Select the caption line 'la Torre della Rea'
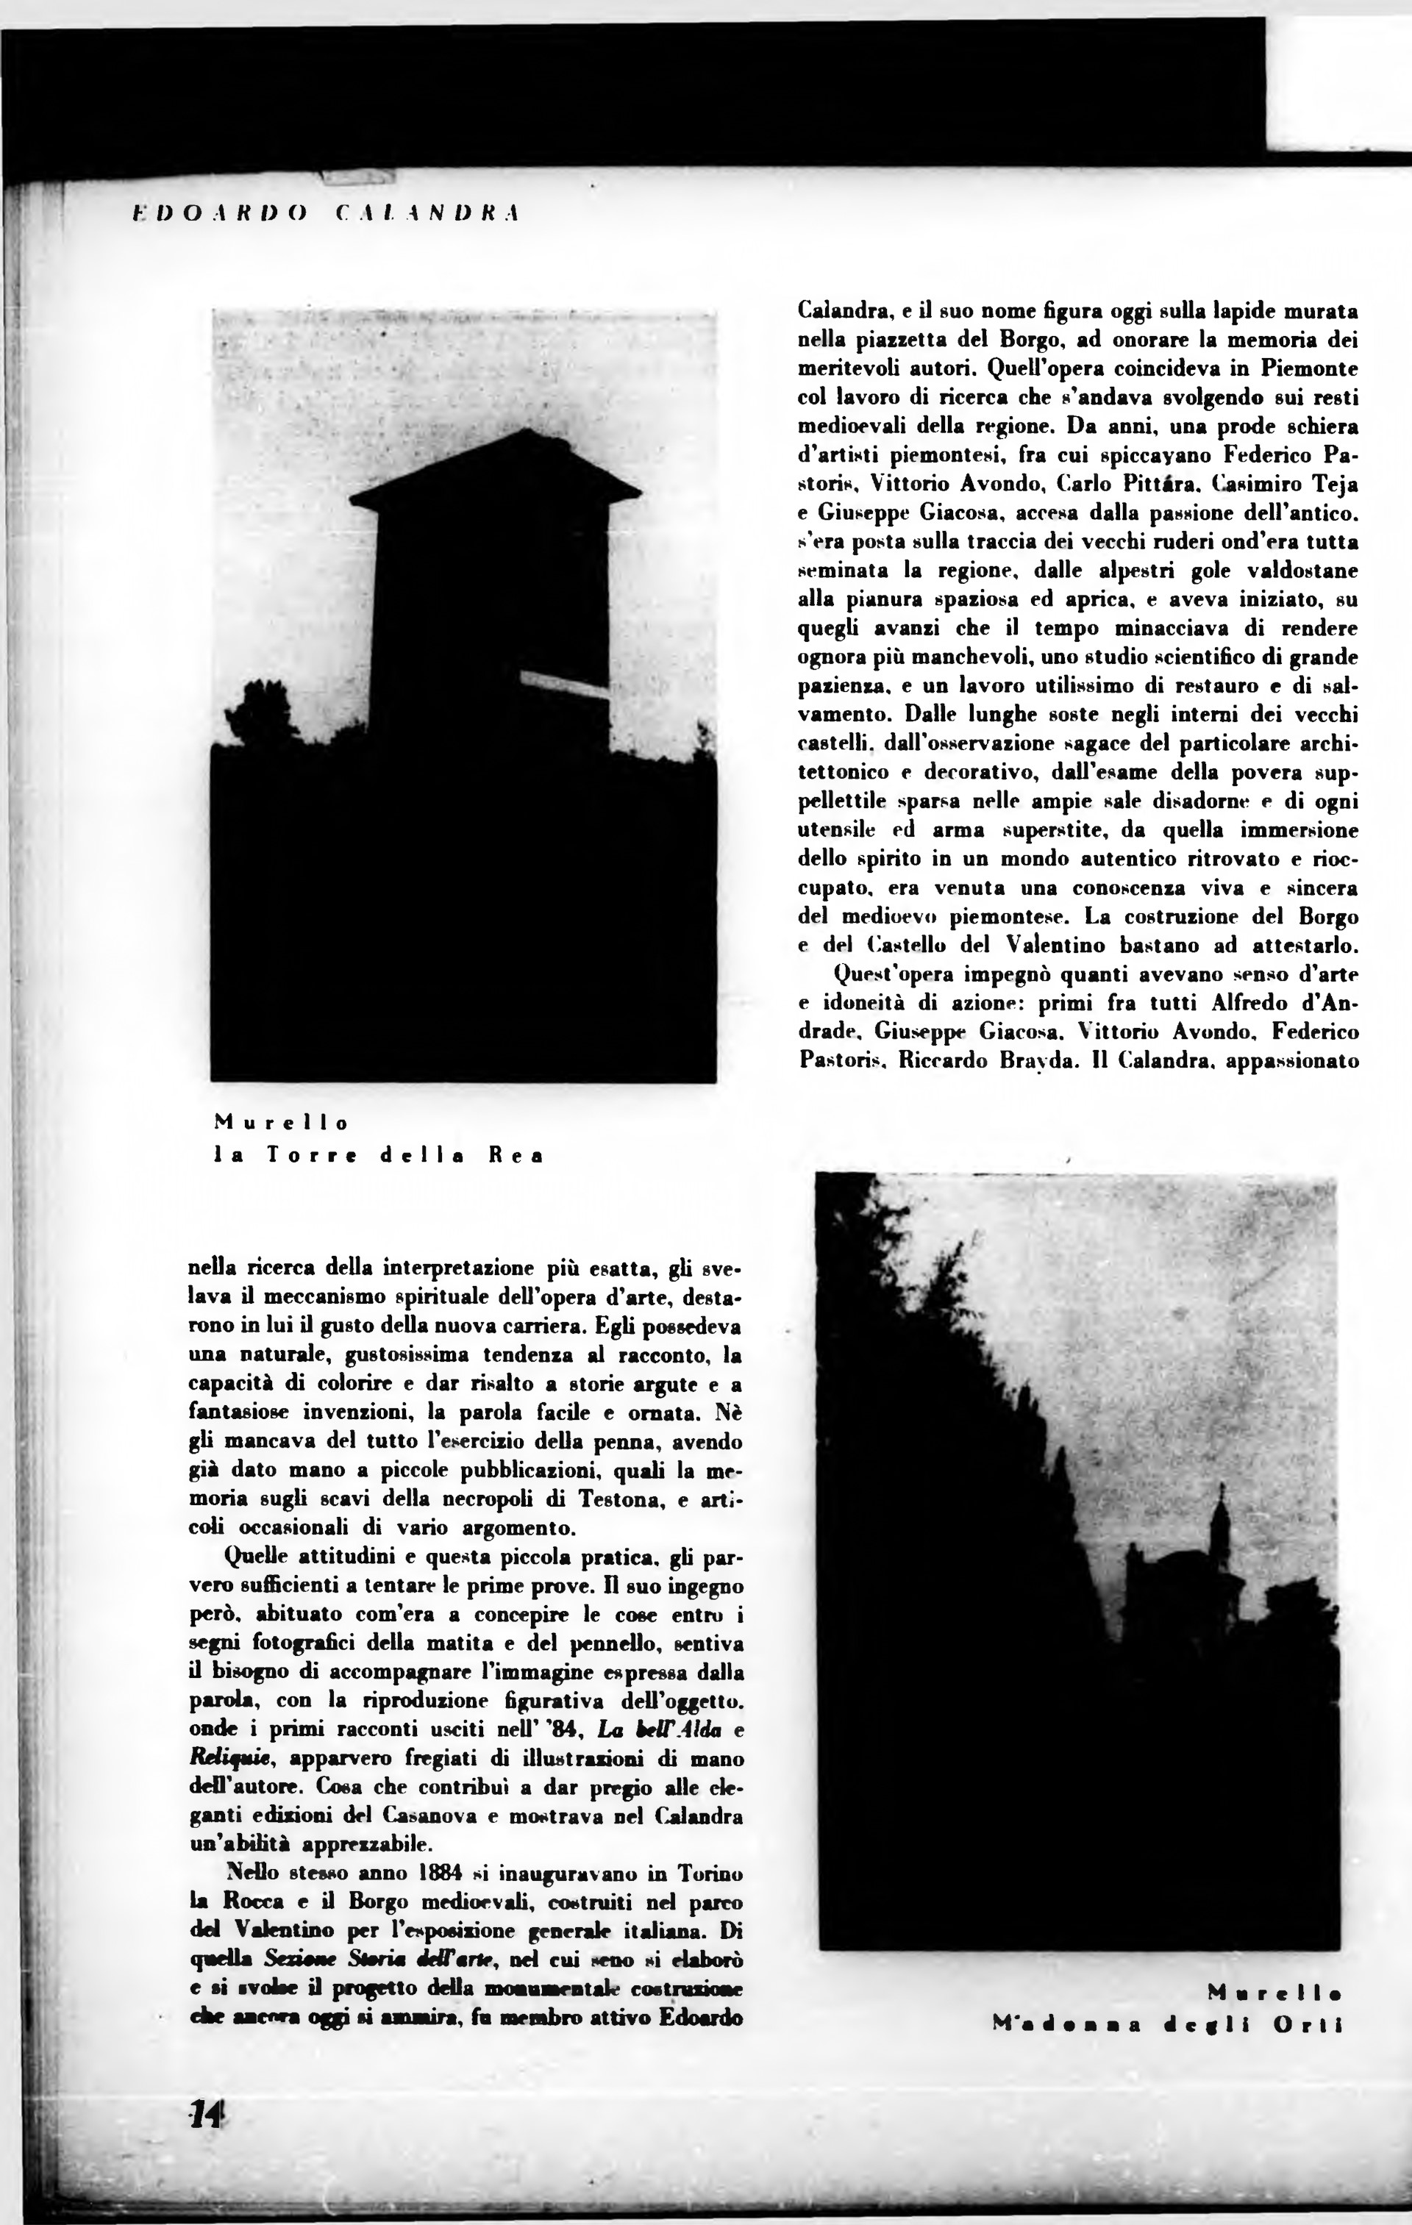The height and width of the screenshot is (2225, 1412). tap(378, 1155)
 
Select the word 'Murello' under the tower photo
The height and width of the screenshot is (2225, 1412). tap(282, 1124)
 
